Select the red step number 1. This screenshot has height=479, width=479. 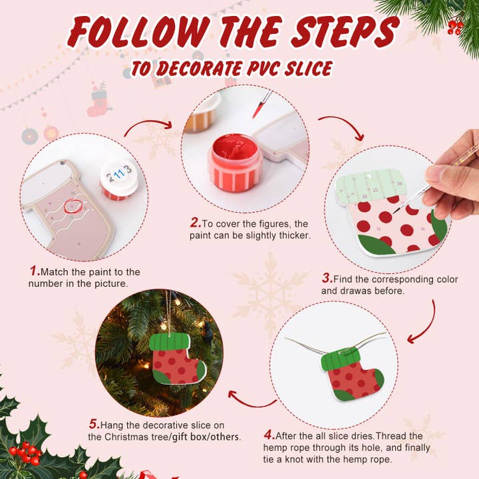point(34,271)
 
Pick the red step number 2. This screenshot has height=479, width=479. point(195,223)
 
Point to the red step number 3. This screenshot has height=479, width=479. point(327,279)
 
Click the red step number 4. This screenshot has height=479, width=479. point(269,435)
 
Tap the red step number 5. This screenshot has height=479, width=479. point(94,424)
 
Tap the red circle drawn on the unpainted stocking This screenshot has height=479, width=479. point(73,207)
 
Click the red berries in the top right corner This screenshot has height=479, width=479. point(455,27)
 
